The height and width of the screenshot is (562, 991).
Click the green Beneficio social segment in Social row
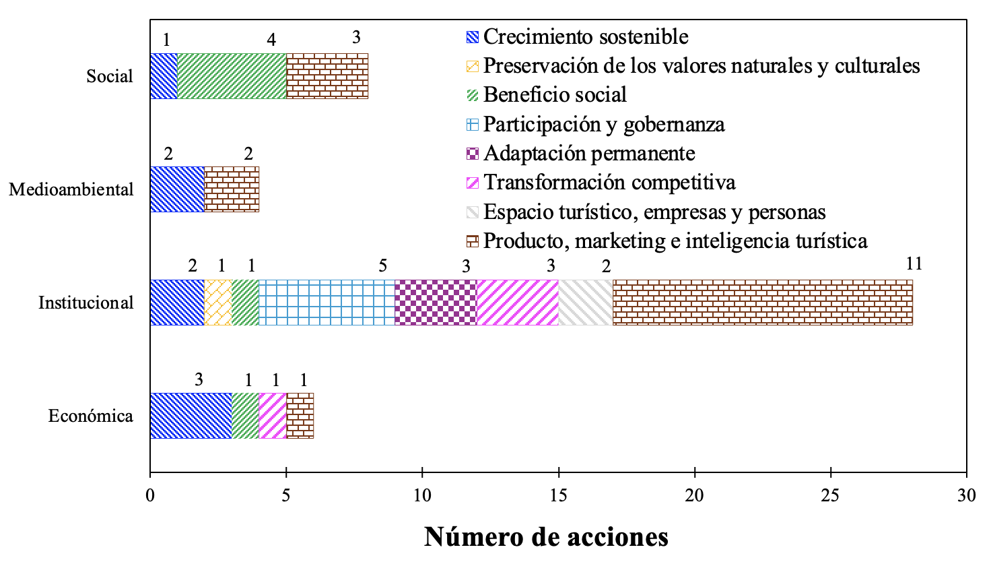[232, 76]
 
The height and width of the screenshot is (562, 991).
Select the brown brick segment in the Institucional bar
[762, 303]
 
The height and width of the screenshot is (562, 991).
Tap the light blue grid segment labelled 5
[327, 303]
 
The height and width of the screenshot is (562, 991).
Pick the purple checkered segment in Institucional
[436, 303]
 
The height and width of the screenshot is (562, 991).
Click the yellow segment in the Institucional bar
[218, 303]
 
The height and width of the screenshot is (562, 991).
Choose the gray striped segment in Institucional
[585, 303]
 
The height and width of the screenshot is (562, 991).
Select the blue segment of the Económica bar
[191, 416]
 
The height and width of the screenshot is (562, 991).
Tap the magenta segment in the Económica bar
[273, 416]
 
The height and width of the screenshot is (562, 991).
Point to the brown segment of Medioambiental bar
[232, 189]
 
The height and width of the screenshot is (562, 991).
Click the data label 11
[913, 264]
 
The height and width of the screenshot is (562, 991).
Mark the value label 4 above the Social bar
[271, 40]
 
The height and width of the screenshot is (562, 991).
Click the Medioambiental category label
[71, 190]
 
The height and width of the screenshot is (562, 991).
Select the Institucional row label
[86, 303]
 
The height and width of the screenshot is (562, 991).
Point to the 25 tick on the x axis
[831, 495]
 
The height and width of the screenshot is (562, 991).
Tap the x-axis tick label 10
[422, 495]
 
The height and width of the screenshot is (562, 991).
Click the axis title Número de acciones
[546, 537]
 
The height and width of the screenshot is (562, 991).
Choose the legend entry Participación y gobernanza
[604, 125]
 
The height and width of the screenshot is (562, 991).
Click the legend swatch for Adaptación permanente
[473, 154]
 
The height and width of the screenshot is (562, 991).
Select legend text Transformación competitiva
[609, 183]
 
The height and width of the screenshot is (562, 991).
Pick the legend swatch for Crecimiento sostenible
[473, 36]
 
